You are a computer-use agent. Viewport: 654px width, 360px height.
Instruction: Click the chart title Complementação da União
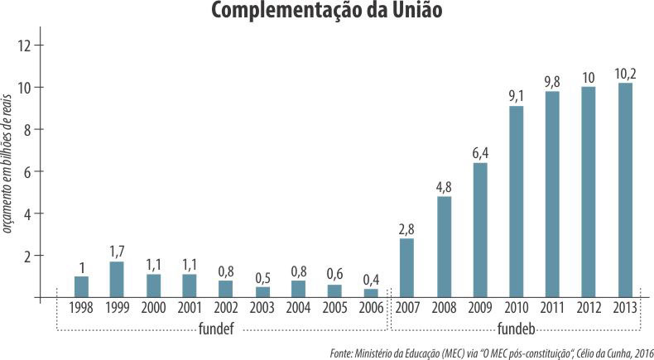click(x=326, y=12)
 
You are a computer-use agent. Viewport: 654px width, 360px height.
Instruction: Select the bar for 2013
click(x=625, y=190)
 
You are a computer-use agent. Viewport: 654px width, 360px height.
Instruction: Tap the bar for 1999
click(x=117, y=279)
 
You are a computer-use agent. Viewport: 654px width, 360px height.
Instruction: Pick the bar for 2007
click(x=406, y=267)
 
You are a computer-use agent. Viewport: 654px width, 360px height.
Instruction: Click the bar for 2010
click(x=516, y=201)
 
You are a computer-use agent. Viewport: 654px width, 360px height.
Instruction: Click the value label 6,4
click(x=479, y=153)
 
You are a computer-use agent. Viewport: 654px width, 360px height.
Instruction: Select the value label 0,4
click(x=370, y=279)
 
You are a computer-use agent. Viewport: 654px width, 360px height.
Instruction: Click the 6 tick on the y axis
click(x=28, y=171)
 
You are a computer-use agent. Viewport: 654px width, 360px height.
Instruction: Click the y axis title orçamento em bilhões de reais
click(x=9, y=166)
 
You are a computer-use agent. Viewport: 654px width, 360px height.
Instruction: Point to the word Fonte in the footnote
click(x=341, y=353)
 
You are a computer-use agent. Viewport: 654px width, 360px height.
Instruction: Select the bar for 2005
click(x=334, y=290)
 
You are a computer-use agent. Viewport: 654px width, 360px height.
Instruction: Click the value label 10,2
click(x=625, y=73)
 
